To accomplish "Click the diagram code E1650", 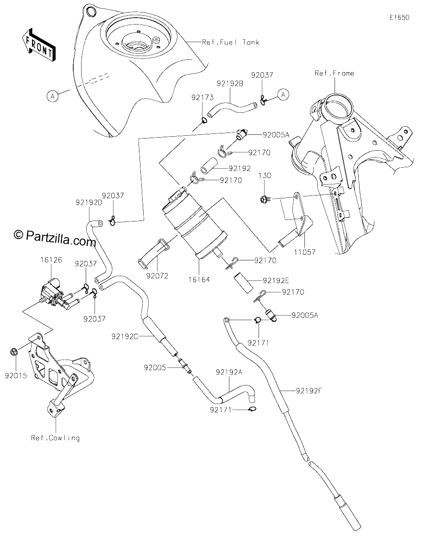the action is pyautogui.click(x=399, y=18).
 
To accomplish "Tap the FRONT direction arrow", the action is pyautogui.click(x=38, y=45).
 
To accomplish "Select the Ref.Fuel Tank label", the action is pyautogui.click(x=230, y=42).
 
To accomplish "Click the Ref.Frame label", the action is pyautogui.click(x=334, y=73).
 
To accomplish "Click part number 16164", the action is pyautogui.click(x=199, y=280).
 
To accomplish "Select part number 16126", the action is pyautogui.click(x=51, y=260).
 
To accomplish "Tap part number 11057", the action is pyautogui.click(x=304, y=252).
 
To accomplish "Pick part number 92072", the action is pyautogui.click(x=157, y=276).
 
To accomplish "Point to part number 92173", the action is pyautogui.click(x=202, y=97).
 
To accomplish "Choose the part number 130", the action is pyautogui.click(x=265, y=176).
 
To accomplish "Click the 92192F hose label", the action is pyautogui.click(x=309, y=391).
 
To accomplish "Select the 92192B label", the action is pyautogui.click(x=230, y=83).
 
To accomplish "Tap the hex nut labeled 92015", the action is pyautogui.click(x=13, y=351).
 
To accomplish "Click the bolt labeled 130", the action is pyautogui.click(x=264, y=199).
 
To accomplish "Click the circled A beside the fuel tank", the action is pyautogui.click(x=52, y=96).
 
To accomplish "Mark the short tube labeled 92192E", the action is pyautogui.click(x=243, y=284).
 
